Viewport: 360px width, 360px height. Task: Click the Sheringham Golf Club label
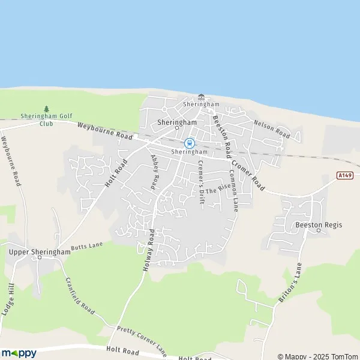point(46,119)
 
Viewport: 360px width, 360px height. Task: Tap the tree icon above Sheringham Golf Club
point(46,108)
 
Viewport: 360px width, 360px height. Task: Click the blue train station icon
point(190,143)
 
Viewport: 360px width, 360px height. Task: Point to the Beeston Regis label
point(319,225)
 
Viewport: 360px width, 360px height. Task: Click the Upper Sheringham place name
point(40,252)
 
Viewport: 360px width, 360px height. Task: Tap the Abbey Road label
point(157,170)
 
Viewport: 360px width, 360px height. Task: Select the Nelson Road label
point(272,129)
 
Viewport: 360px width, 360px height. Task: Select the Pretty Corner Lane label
point(142,339)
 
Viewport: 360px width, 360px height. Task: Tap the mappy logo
point(19,353)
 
